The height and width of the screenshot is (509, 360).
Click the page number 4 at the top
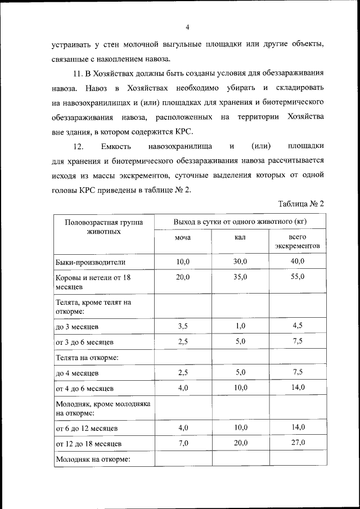pyautogui.click(x=187, y=27)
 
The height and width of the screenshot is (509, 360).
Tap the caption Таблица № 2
pyautogui.click(x=301, y=203)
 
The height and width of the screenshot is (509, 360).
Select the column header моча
pyautogui.click(x=183, y=238)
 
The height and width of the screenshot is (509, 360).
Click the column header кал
pyautogui.click(x=241, y=238)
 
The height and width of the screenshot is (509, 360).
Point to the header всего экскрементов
pyautogui.click(x=298, y=242)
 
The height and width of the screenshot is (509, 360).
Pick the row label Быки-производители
pyautogui.click(x=90, y=262)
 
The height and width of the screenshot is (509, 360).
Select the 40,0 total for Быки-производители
pyautogui.click(x=298, y=262)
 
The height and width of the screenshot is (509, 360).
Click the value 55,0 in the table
pyautogui.click(x=298, y=277)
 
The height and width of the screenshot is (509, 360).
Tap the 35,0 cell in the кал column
pyautogui.click(x=241, y=277)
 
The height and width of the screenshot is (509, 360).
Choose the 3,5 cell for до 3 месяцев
pyautogui.click(x=183, y=326)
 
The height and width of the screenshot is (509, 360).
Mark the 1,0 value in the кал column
pyautogui.click(x=241, y=326)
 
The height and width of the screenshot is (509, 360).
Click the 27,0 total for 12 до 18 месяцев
pyautogui.click(x=298, y=443)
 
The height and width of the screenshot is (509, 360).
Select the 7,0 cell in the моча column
pyautogui.click(x=183, y=443)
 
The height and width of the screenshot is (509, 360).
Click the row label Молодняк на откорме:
pyautogui.click(x=93, y=460)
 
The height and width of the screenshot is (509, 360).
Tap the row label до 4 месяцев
pyautogui.click(x=77, y=372)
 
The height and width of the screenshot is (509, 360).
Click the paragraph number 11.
pyautogui.click(x=79, y=74)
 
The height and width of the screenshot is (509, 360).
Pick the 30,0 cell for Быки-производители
pyautogui.click(x=241, y=262)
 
